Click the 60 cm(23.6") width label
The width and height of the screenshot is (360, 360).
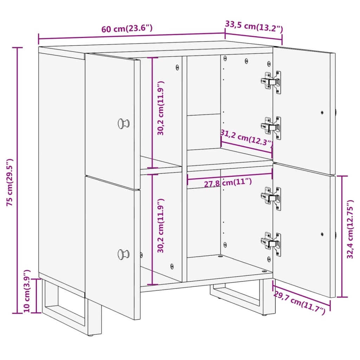[x=127, y=28]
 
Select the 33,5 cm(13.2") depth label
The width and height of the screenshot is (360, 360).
[x=254, y=26]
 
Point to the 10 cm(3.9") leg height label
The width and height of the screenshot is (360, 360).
[x=27, y=291]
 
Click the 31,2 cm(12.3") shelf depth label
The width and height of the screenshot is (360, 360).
[x=246, y=137]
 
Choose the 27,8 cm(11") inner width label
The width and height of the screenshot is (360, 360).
[x=228, y=183]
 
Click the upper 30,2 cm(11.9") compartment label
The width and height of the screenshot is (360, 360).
[x=161, y=108]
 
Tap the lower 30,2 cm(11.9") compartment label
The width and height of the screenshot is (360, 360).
[x=161, y=226]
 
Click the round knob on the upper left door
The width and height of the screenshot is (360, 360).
[x=123, y=123]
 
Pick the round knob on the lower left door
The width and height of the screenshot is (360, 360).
[x=123, y=254]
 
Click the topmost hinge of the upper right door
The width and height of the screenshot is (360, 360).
[x=271, y=82]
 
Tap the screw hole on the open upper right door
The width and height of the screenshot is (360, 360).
[x=322, y=112]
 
